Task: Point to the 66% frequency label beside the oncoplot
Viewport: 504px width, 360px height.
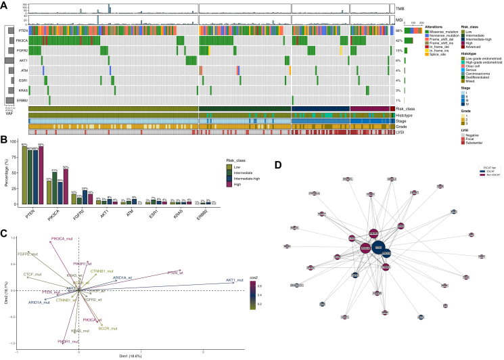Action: coord(400,31)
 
